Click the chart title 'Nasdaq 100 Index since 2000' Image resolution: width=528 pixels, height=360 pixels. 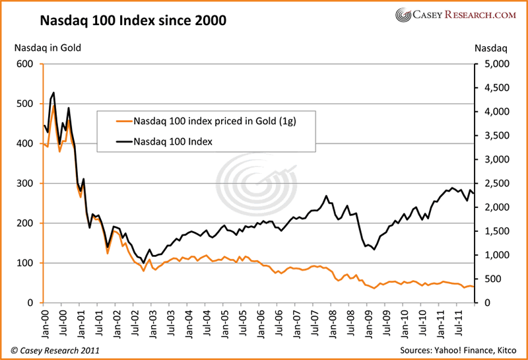(133, 20)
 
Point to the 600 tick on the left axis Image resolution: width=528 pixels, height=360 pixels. (24, 64)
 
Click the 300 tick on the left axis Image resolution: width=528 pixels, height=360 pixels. (24, 184)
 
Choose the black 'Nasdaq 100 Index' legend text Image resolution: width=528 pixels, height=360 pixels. (173, 140)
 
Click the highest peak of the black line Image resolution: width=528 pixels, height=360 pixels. (53, 92)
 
